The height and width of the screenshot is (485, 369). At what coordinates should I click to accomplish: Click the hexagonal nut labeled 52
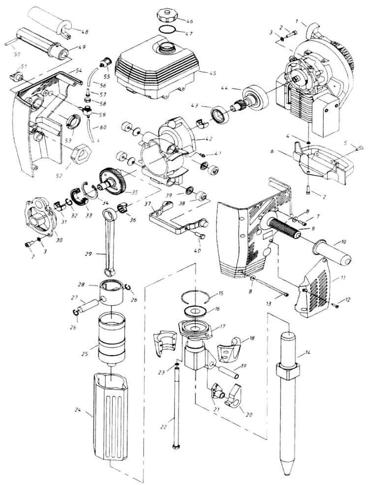coord(80,154)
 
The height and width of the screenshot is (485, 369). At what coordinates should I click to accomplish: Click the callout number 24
coord(78,410)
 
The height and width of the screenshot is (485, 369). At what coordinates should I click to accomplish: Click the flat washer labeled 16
coord(194,311)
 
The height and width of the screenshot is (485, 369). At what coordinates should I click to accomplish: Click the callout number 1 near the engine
coord(297,21)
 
